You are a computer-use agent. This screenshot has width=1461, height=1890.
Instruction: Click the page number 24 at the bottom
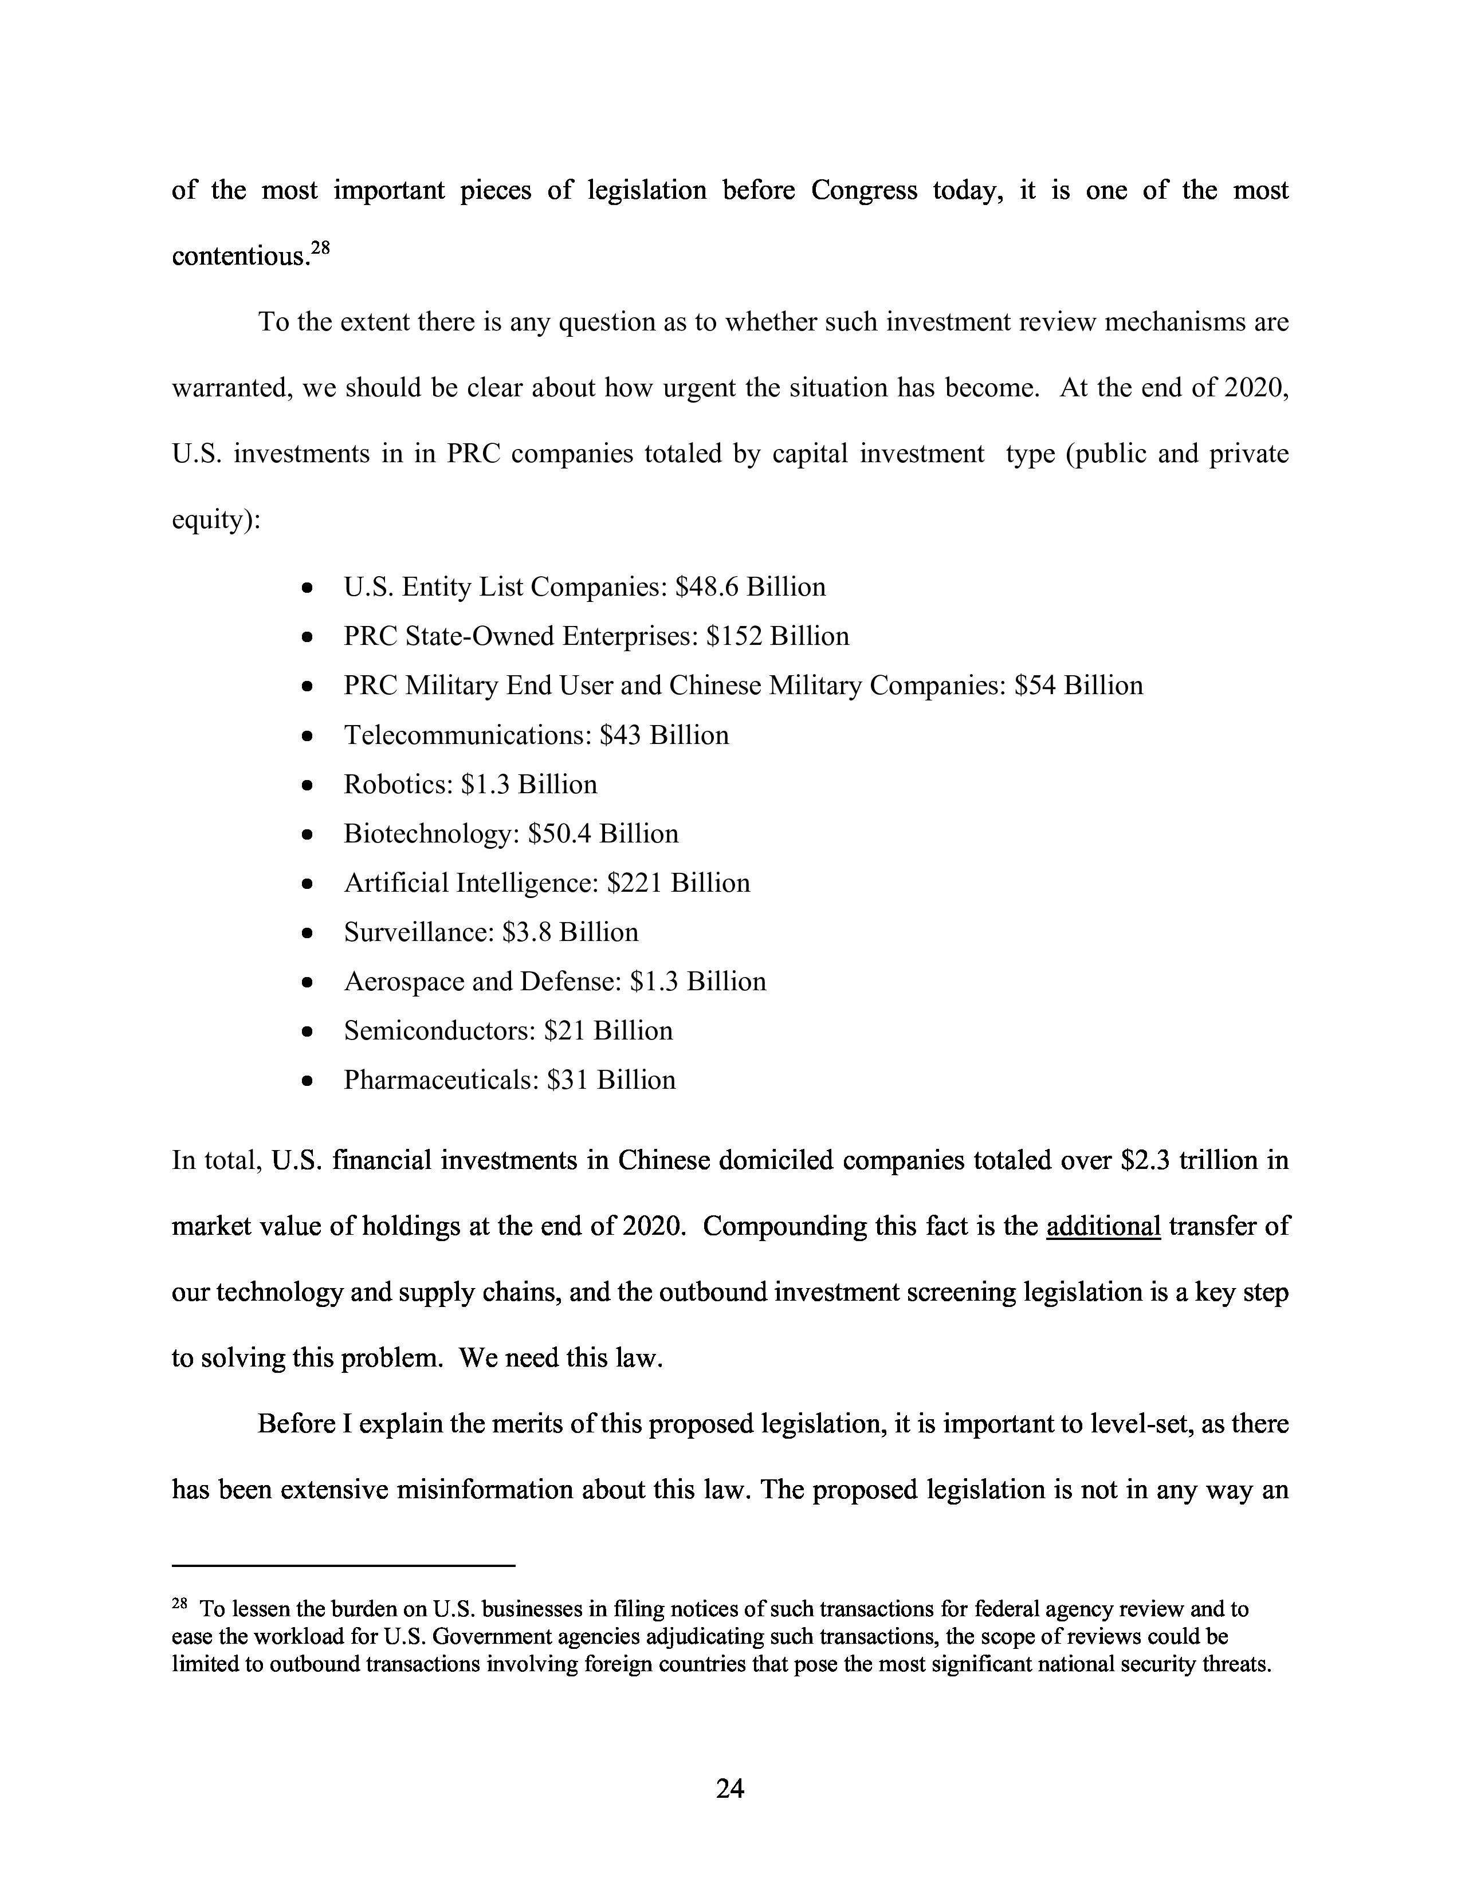[729, 1789]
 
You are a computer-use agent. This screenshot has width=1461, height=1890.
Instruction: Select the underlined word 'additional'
[1103, 1226]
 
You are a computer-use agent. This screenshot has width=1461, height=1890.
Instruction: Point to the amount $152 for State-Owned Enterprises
[734, 637]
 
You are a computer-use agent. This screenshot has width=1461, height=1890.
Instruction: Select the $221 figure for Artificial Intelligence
[635, 884]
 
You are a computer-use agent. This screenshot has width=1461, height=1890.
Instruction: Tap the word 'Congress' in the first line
[864, 190]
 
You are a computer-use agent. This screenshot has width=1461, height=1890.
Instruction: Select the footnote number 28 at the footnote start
[179, 1604]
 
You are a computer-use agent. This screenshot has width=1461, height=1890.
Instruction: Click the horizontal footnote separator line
[344, 1565]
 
